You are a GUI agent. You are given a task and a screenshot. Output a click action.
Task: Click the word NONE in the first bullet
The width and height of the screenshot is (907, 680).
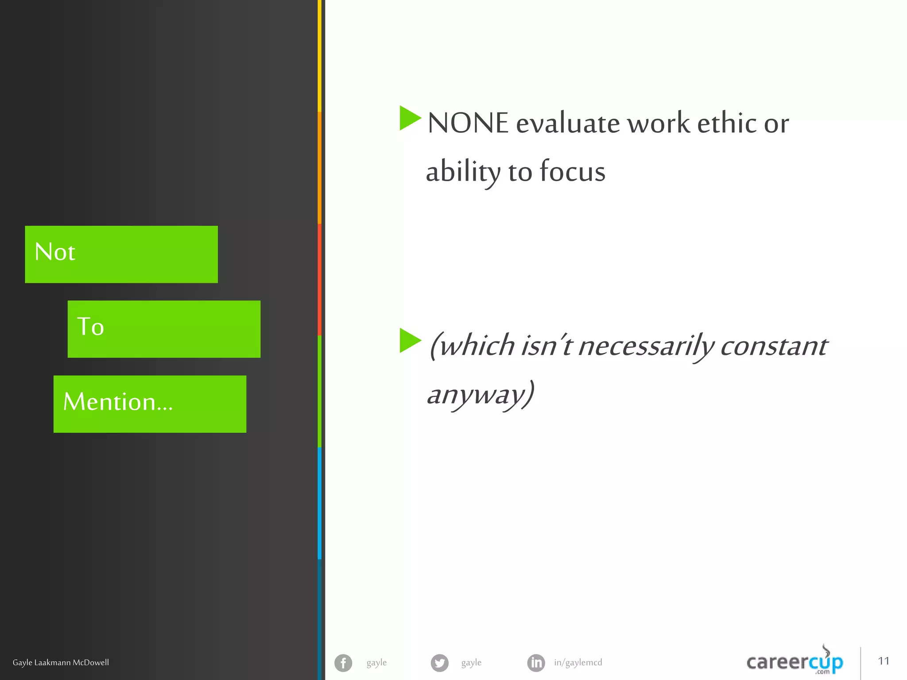[468, 123]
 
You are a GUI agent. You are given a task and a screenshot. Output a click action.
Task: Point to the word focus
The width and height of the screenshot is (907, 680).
[572, 172]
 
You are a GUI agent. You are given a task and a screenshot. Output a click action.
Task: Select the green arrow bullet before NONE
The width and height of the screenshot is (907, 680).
[410, 118]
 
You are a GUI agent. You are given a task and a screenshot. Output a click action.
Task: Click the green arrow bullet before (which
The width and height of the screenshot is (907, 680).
[410, 340]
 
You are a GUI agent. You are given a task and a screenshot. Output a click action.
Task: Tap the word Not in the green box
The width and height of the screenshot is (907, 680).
[55, 252]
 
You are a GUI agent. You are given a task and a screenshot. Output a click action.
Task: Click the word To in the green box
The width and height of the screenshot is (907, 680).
[90, 327]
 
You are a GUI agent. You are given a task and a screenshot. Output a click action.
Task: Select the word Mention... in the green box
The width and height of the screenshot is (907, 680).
[118, 402]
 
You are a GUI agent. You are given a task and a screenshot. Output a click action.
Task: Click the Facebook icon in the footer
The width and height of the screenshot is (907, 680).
[343, 663]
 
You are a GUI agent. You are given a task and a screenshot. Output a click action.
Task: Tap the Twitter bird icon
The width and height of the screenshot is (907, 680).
[439, 663]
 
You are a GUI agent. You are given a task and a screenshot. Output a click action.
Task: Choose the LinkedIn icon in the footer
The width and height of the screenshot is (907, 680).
[536, 663]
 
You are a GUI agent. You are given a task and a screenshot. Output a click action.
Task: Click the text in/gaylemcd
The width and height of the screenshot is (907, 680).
[578, 663]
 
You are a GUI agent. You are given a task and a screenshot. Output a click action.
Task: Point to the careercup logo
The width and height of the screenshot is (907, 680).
[795, 662]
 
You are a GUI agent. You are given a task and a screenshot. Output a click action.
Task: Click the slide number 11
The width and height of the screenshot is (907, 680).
[884, 661]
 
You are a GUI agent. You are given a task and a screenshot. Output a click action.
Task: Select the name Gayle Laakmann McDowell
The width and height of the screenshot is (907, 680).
[61, 663]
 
